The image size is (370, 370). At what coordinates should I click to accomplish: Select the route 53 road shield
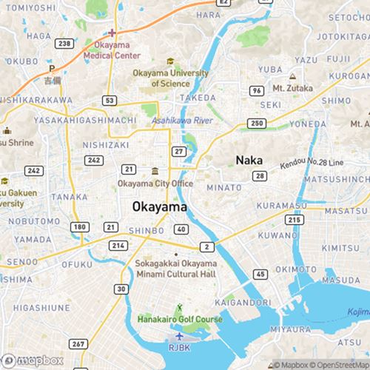[x=110, y=99]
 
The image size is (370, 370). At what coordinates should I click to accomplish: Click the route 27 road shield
[x=178, y=151]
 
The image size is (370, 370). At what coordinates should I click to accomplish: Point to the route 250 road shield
[x=258, y=123]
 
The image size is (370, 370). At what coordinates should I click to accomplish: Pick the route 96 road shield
[x=257, y=90]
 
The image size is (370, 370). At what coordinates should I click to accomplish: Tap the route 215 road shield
[x=295, y=220]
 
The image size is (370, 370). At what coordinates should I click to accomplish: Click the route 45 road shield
[x=260, y=275]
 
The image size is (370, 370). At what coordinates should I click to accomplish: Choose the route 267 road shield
[x=78, y=344]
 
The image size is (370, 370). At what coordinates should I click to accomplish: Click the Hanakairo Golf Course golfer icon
[x=178, y=307]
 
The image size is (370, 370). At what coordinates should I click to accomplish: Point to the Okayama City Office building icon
[x=155, y=172]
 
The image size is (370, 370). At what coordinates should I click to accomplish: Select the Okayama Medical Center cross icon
[x=111, y=33]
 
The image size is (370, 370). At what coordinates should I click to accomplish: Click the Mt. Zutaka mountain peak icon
[x=293, y=77]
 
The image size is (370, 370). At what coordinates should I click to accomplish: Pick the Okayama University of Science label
[x=170, y=78]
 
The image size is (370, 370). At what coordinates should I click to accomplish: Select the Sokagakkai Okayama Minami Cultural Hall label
[x=175, y=269]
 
